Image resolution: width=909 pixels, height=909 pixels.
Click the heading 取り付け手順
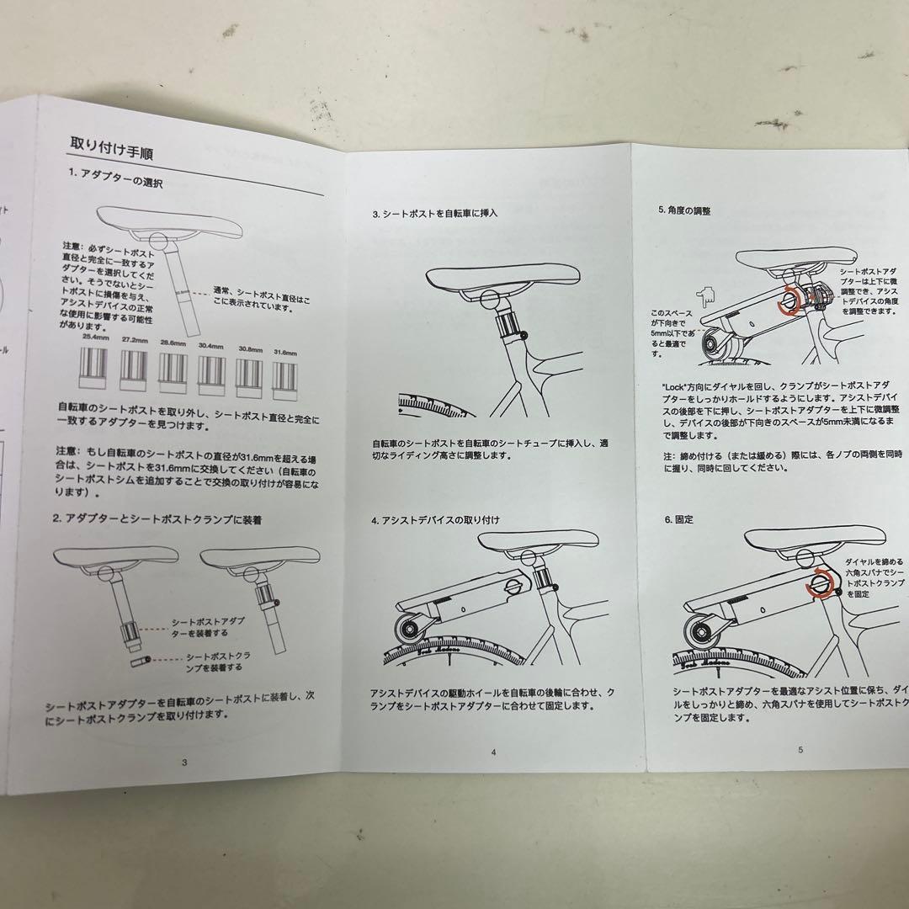110,151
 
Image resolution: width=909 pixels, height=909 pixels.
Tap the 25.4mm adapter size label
96,338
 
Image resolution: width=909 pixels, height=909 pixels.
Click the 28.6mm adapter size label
173,342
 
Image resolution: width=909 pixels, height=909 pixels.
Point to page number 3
184,762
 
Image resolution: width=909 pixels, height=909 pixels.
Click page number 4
494,753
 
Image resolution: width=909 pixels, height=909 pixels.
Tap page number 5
800,748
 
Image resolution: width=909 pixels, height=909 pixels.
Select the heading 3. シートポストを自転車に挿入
435,214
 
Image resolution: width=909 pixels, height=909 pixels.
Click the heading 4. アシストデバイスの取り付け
435,521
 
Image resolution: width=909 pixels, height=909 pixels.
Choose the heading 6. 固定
678,520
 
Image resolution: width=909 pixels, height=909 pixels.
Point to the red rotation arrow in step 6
817,586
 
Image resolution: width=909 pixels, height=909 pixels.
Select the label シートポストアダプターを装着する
199,626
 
